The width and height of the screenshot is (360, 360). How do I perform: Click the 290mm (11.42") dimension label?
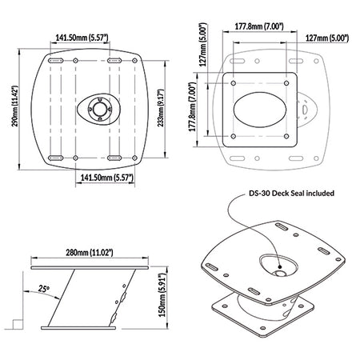14,106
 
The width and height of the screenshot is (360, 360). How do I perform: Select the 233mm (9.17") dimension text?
160,108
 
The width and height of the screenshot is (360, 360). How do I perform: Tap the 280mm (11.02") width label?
90,252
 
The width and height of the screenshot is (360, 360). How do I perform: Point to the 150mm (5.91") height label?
162,295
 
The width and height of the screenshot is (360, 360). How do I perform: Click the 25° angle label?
43,288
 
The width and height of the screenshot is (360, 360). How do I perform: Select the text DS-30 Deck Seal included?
291,193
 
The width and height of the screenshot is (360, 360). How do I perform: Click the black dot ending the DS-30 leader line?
280,266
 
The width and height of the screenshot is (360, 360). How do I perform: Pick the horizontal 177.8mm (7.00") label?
259,26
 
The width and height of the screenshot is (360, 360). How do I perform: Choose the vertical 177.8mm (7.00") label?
193,106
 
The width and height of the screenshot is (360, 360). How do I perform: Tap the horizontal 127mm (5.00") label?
327,38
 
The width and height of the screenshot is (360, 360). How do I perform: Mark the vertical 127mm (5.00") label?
203,45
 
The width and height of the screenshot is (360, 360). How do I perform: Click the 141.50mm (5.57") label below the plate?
107,178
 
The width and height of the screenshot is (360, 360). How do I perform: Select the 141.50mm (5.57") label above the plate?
82,38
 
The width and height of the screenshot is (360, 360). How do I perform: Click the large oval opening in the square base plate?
260,110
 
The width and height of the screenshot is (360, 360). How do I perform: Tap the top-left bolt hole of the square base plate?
234,83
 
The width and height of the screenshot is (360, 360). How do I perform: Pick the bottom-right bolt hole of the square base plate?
286,136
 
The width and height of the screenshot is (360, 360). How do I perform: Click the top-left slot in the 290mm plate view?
55,61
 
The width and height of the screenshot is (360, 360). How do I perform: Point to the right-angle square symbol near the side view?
18,324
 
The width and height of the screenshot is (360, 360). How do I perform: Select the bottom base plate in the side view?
78,328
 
